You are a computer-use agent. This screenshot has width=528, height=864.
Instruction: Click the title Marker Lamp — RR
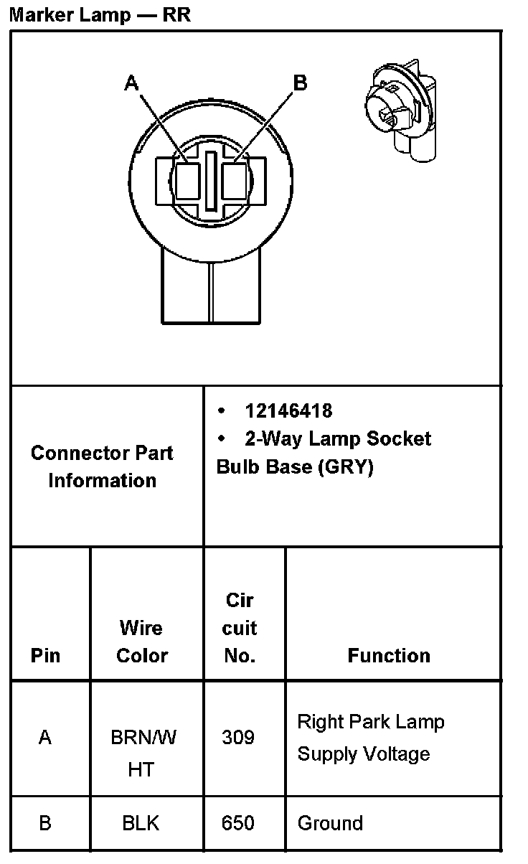pos(100,14)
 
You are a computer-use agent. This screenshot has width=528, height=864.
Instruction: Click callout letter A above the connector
pos(131,84)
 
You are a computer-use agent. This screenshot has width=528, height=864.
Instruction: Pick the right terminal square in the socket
pos(235,181)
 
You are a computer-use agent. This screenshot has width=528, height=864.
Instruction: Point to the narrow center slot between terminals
pos(211,181)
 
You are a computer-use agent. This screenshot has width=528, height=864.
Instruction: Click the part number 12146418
pos(288,410)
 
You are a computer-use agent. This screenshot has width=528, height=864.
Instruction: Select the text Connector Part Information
pos(102,466)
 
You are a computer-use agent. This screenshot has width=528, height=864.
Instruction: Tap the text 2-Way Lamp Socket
pos(337,438)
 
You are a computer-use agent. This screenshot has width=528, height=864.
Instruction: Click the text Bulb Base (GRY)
pos(295,467)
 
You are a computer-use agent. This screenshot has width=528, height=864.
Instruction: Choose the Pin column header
pos(45,655)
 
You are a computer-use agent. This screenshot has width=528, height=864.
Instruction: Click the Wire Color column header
pos(141,642)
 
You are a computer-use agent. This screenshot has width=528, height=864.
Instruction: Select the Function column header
pos(389,655)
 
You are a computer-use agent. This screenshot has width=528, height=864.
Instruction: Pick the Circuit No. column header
pos(240,628)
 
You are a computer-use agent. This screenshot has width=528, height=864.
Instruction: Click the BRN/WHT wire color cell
pos(143,753)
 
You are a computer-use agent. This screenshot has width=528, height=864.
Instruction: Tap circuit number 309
pos(238,737)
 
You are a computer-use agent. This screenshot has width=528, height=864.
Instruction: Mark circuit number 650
pos(238,822)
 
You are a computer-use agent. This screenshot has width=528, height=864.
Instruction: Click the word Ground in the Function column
pos(330,822)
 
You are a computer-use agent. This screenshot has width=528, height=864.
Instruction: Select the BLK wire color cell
pos(141,823)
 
